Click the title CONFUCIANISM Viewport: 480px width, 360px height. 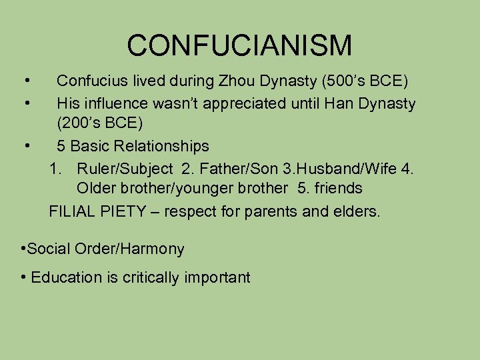(x=239, y=45)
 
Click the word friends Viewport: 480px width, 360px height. (x=339, y=189)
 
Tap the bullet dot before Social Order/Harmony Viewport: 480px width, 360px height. (x=23, y=249)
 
